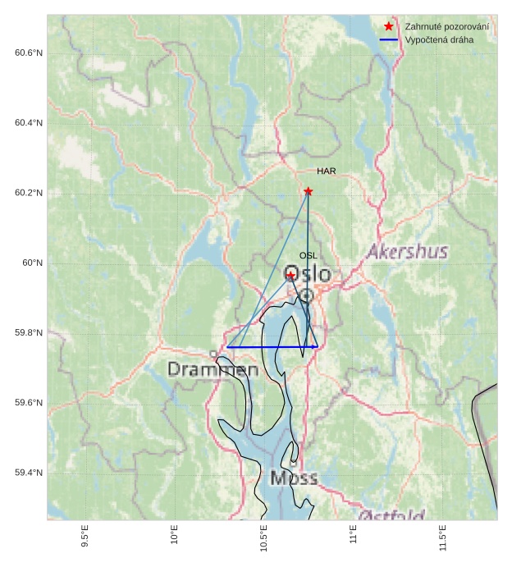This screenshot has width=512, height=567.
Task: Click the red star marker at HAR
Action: [x=309, y=191]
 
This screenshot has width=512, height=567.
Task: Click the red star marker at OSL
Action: [x=290, y=276]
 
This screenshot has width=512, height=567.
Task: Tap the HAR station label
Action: [x=327, y=171]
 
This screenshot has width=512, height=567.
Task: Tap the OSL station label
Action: [x=308, y=256]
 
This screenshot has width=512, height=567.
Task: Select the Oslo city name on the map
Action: [x=308, y=274]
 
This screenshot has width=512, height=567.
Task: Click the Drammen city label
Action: [x=213, y=370]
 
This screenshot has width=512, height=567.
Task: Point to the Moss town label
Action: [x=294, y=478]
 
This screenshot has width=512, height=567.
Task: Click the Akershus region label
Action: [x=407, y=252]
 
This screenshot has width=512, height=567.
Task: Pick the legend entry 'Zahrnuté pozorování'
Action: [x=446, y=27]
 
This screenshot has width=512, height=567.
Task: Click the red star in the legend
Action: [x=389, y=27]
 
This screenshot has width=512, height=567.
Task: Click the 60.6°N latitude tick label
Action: [x=29, y=53]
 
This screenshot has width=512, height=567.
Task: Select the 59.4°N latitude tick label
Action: [x=29, y=473]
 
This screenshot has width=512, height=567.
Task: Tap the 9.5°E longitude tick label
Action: [x=85, y=537]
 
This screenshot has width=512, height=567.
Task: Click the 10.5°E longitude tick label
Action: [x=264, y=538]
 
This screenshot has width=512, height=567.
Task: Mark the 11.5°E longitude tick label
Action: [x=443, y=538]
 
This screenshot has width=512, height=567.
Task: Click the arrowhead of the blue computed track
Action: [x=315, y=347]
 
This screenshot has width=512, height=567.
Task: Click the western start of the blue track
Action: [x=227, y=347]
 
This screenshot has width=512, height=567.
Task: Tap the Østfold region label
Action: [x=392, y=515]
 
